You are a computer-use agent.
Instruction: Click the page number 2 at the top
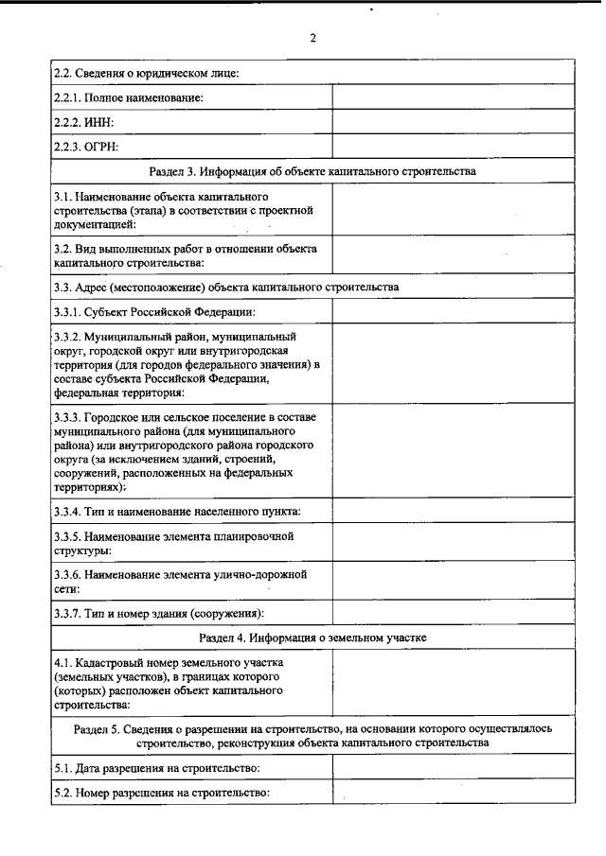pyautogui.click(x=312, y=39)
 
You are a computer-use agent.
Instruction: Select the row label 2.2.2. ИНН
pyautogui.click(x=84, y=122)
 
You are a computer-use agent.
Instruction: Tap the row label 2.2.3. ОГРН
pyautogui.click(x=89, y=147)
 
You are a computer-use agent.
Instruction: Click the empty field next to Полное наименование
pyautogui.click(x=454, y=97)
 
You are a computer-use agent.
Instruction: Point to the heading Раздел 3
pyautogui.click(x=312, y=171)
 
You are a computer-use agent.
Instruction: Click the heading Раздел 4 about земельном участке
pyautogui.click(x=312, y=638)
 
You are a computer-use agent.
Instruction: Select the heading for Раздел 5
pyautogui.click(x=312, y=736)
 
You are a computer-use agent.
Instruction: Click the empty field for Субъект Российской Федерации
pyautogui.click(x=454, y=311)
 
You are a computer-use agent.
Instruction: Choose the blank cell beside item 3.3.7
pyautogui.click(x=454, y=612)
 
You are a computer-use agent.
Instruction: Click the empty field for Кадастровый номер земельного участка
pyautogui.click(x=454, y=684)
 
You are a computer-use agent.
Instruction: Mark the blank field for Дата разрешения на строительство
pyautogui.click(x=454, y=768)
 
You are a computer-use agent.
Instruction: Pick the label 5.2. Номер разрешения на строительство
pyautogui.click(x=163, y=793)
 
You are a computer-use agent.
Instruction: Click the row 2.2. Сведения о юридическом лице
pyautogui.click(x=146, y=72)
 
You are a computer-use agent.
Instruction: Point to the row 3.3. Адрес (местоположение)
pyautogui.click(x=226, y=286)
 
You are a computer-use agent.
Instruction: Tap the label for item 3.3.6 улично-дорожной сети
pyautogui.click(x=180, y=581)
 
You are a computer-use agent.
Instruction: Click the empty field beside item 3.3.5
pyautogui.click(x=454, y=543)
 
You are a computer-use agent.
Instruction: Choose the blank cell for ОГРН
pyautogui.click(x=454, y=147)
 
